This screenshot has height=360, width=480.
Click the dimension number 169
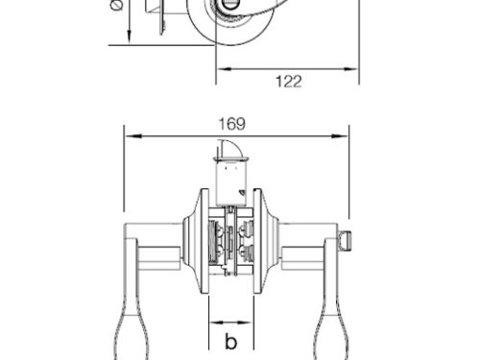[x=232, y=123]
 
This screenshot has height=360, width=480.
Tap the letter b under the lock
[x=230, y=341]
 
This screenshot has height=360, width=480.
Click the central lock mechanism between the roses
[x=231, y=245]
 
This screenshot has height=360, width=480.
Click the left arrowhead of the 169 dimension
[x=128, y=135]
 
